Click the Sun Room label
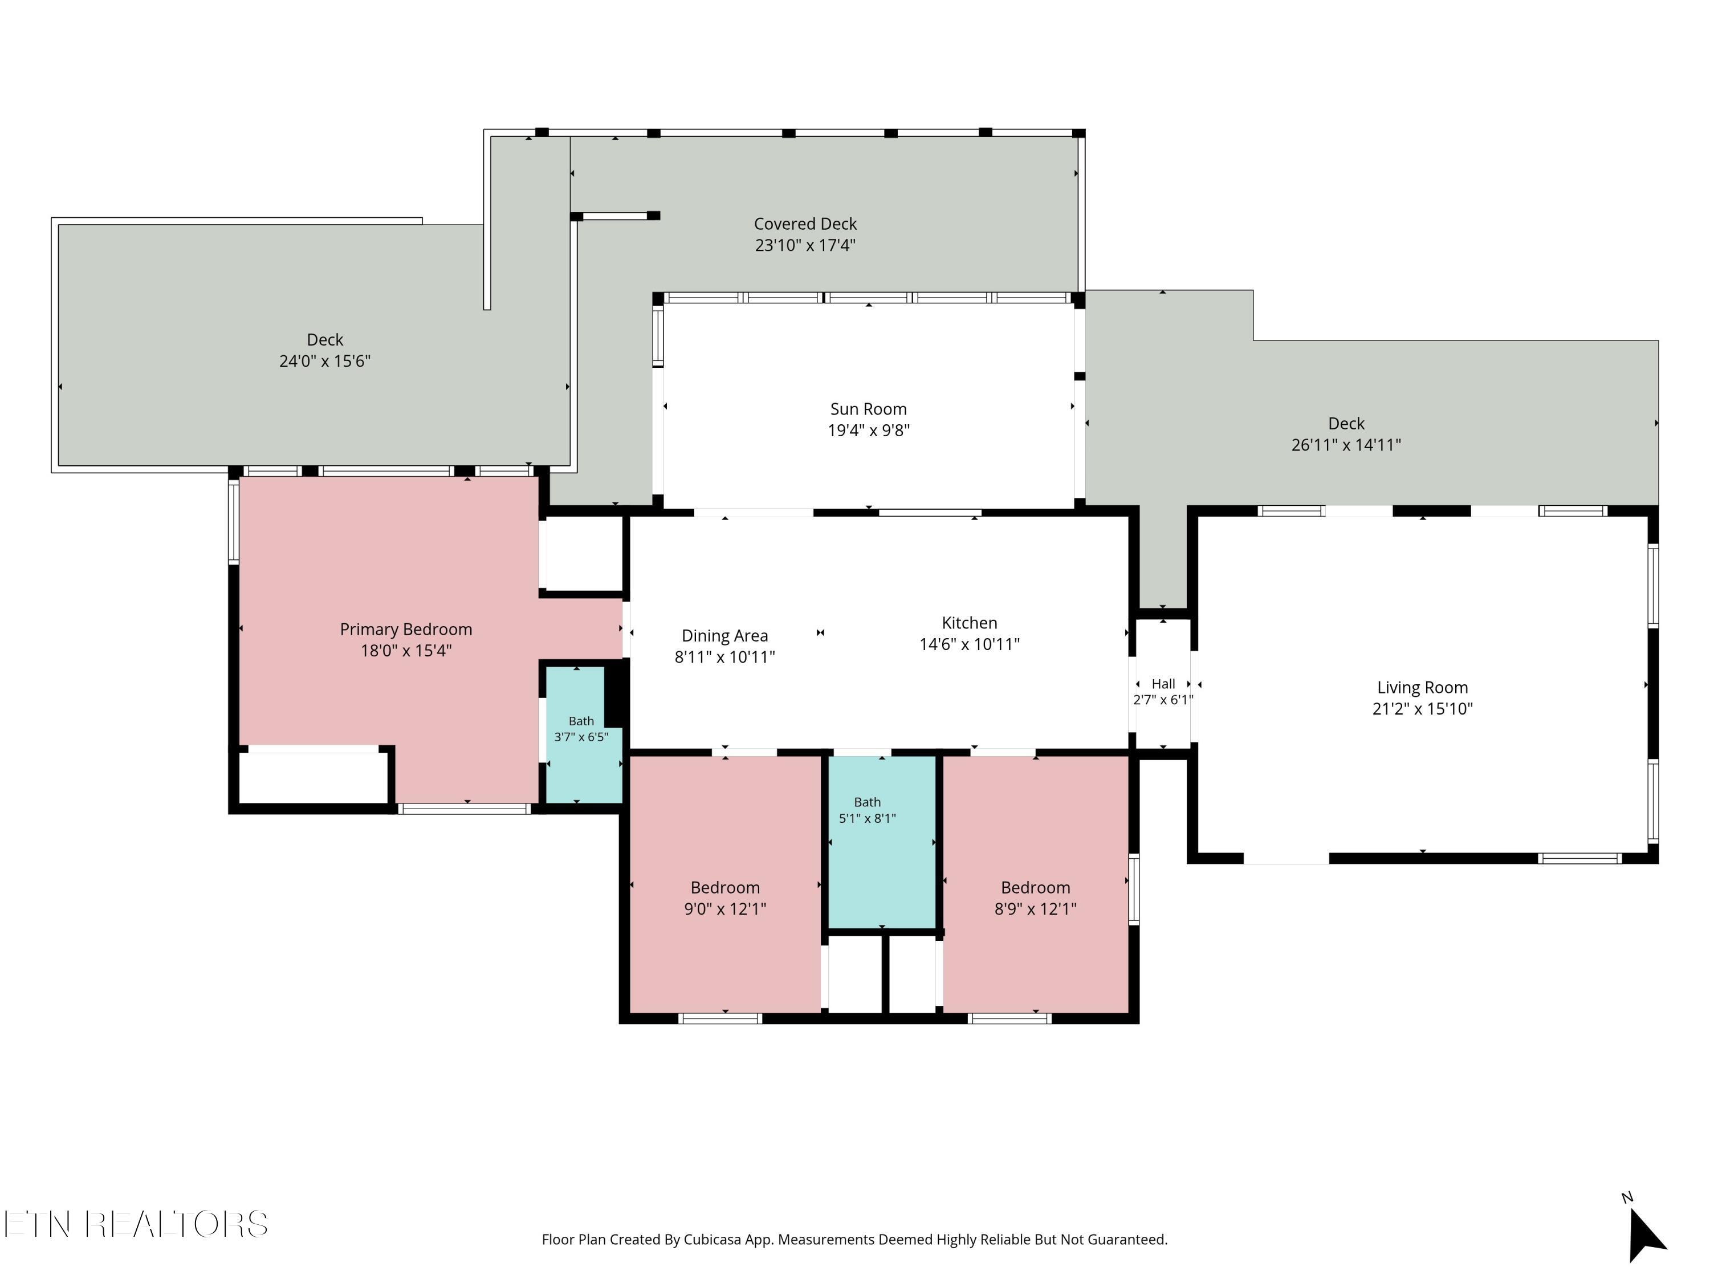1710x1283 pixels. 868,409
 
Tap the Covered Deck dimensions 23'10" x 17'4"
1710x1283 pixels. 805,245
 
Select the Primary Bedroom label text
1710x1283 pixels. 406,630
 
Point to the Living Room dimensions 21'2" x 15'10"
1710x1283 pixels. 1422,709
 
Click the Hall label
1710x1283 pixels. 1163,684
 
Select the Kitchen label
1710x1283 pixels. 970,623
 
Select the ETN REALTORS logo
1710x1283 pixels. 136,1224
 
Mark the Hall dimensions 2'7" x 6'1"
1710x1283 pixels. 1163,700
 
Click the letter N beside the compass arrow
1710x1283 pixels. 1627,1198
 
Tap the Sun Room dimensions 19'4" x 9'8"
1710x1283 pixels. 868,431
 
